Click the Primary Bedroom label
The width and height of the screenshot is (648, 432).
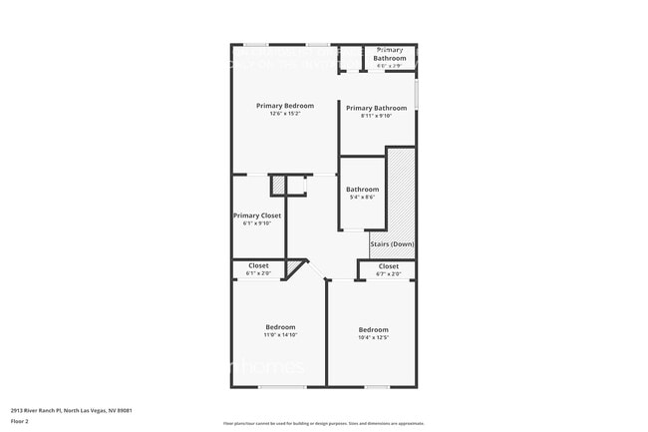(x=284, y=106)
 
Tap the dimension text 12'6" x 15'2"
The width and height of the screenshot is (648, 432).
(x=284, y=114)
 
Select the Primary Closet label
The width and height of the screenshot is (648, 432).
(x=257, y=216)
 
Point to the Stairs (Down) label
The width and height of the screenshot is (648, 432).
(x=392, y=244)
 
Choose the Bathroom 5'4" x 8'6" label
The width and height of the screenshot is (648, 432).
(x=362, y=190)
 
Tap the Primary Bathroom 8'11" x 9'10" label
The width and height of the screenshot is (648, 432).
(x=376, y=108)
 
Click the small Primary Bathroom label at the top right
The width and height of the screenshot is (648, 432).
(x=389, y=54)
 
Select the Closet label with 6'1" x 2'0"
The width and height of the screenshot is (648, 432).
(x=258, y=265)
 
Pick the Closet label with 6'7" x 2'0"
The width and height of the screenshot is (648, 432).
(x=388, y=266)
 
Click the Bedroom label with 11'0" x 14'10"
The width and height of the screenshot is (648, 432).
(x=280, y=327)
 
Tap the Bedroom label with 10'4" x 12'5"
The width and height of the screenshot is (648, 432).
(x=373, y=329)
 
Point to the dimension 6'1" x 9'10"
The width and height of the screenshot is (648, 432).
(x=257, y=223)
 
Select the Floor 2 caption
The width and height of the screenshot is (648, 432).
(x=21, y=421)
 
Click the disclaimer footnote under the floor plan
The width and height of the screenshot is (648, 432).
(x=323, y=423)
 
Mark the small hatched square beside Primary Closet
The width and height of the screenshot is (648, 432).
(x=278, y=185)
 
